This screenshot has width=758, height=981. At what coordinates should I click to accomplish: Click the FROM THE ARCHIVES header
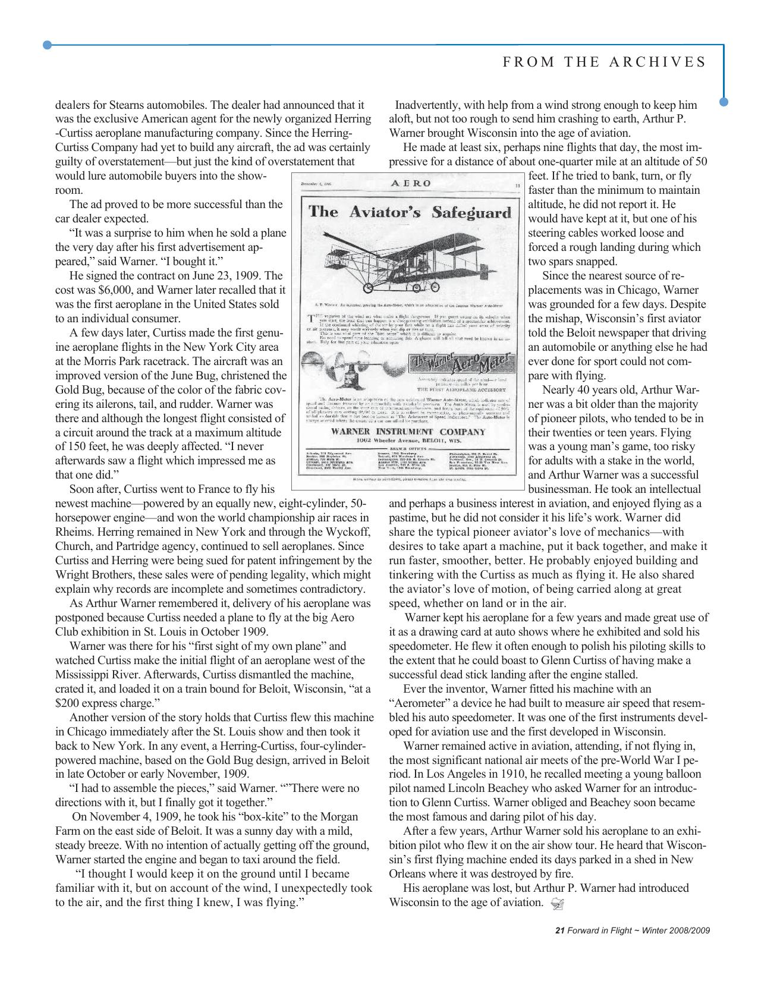point(605,62)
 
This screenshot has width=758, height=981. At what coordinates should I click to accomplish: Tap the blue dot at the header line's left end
point(48,45)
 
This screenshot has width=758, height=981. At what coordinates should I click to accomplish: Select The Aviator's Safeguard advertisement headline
point(410,212)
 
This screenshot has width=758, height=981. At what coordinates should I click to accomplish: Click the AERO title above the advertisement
point(410,184)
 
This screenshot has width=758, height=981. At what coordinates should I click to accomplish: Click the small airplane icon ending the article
point(557,904)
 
